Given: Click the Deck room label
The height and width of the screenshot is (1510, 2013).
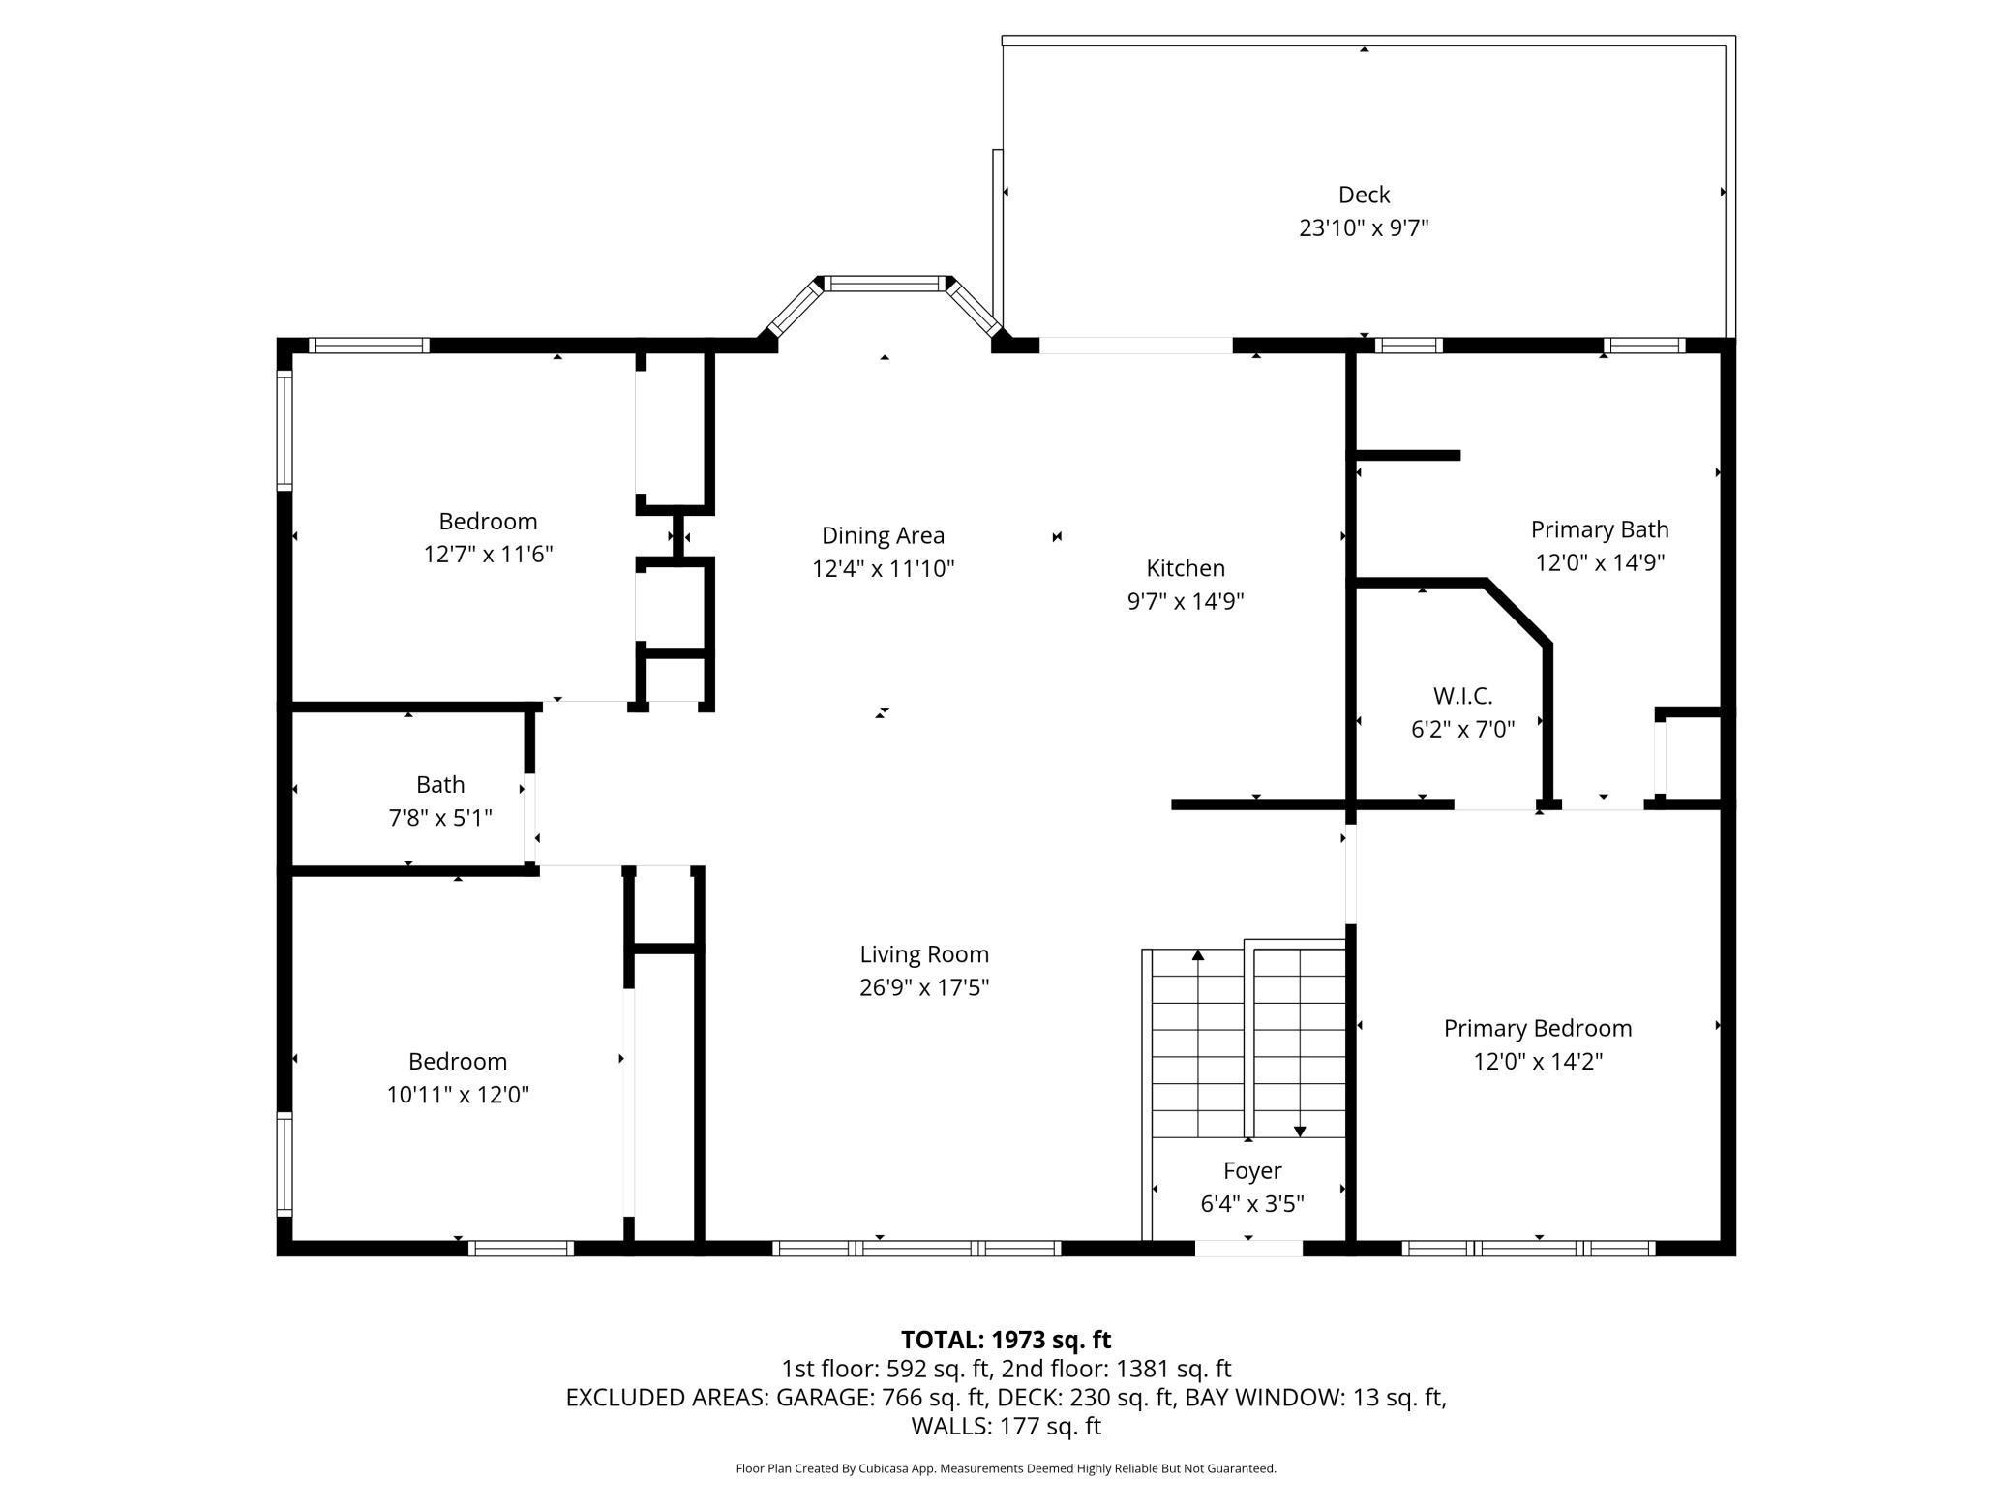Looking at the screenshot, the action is [x=1364, y=195].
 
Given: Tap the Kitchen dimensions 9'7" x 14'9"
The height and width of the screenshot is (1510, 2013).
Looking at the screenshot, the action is [x=1186, y=601].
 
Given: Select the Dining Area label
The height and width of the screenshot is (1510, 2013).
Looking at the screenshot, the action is [x=883, y=535].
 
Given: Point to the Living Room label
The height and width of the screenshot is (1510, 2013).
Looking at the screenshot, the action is [x=924, y=954].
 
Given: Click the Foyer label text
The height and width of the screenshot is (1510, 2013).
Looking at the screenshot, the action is [x=1252, y=1171].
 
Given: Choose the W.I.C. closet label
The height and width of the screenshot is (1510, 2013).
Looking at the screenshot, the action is [x=1462, y=696].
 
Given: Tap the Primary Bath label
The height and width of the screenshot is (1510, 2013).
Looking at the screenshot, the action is [x=1600, y=529].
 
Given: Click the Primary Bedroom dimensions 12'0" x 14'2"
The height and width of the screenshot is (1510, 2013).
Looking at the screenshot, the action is [x=1538, y=1061].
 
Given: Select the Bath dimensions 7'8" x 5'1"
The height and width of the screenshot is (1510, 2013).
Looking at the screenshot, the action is [x=440, y=818].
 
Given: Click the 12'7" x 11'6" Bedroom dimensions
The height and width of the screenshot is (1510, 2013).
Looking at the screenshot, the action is [x=488, y=554].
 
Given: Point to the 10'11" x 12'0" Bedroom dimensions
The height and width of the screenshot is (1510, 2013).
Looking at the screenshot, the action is [x=458, y=1095].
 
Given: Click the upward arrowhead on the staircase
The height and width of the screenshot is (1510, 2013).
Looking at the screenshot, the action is [x=1198, y=955].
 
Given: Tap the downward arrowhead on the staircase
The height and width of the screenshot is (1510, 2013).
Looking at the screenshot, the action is [x=1300, y=1131].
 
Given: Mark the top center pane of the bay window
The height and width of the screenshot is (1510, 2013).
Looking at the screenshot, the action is [x=885, y=284].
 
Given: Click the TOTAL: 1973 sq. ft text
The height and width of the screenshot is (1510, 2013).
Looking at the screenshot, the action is [x=1006, y=1340].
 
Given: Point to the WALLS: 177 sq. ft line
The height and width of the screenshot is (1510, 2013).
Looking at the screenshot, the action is [x=1006, y=1426].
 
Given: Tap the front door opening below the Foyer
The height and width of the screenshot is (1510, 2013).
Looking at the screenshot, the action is [x=1248, y=1249].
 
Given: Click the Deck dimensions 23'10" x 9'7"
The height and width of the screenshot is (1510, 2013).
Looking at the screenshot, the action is [x=1364, y=228].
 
